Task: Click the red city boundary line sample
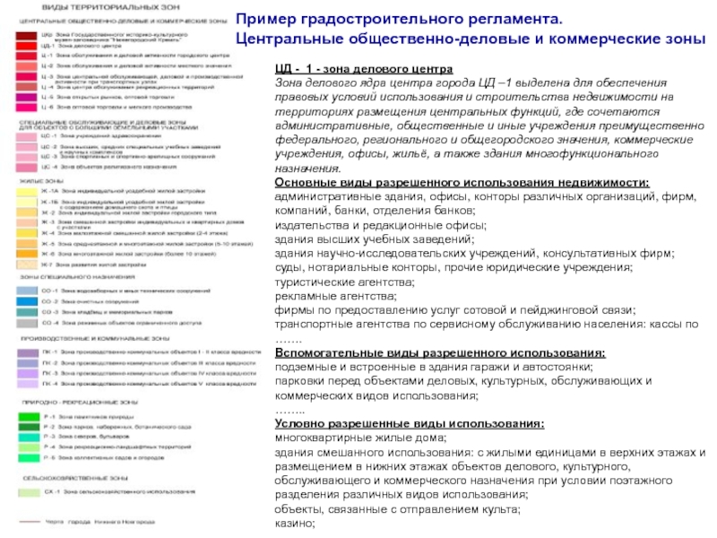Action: point(29,521)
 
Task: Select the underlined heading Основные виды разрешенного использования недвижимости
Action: point(462,183)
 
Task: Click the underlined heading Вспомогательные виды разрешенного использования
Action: point(439,353)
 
